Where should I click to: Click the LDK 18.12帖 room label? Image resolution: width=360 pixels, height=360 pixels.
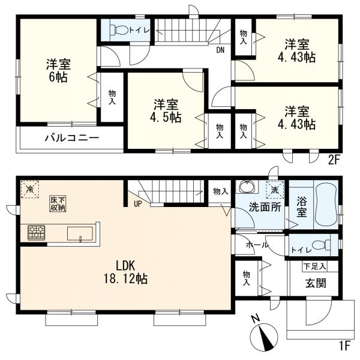(125, 272)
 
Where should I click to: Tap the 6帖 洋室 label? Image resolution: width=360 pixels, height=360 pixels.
(58, 70)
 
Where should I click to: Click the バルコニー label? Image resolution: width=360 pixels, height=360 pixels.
(72, 138)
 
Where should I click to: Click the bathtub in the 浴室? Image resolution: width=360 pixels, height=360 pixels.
(326, 205)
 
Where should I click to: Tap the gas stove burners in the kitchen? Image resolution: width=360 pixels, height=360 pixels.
(36, 233)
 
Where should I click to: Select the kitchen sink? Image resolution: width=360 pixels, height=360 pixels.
(80, 233)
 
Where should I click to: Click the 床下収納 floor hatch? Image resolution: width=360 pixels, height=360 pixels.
(58, 203)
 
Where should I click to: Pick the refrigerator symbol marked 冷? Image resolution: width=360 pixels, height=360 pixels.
(30, 189)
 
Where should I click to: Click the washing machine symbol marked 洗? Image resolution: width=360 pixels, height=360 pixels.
(275, 190)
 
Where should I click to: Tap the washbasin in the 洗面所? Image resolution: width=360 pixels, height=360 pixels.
(247, 186)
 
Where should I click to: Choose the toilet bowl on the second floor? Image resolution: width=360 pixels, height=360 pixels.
(119, 30)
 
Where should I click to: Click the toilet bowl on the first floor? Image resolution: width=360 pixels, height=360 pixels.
(321, 245)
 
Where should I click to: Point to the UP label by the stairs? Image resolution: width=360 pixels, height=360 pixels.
(138, 203)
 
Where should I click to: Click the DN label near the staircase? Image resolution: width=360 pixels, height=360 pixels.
(220, 50)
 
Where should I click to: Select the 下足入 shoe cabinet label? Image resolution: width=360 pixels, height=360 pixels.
(314, 266)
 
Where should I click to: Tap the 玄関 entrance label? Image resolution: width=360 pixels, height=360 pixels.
(316, 283)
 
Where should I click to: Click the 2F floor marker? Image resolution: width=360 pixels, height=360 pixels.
(334, 160)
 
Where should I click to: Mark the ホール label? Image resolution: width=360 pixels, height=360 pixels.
(257, 245)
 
